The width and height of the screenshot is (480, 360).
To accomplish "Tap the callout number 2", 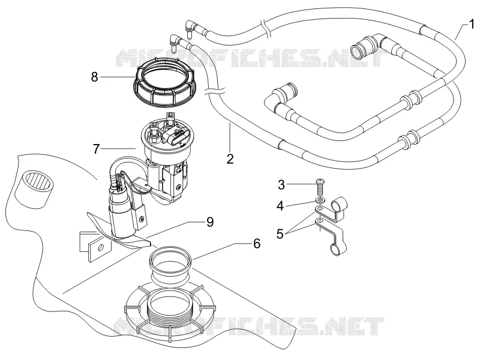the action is click(230, 158).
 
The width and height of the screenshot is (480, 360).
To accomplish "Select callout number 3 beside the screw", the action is click(281, 185).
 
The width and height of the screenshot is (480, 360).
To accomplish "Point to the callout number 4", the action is click(280, 206).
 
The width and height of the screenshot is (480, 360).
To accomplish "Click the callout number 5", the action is click(280, 233).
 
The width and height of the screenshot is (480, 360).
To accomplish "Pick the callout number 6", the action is click(257, 244).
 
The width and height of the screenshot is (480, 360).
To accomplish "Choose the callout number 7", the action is click(97, 149).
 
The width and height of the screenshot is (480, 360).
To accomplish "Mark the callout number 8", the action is click(95, 77).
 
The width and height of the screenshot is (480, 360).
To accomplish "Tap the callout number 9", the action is click(209, 222).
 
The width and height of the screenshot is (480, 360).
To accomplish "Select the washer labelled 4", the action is click(320, 200).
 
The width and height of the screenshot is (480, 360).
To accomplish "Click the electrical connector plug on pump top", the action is click(176, 137).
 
